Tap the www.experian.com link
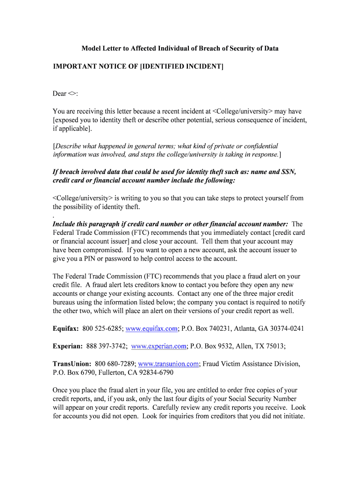pos(159,346)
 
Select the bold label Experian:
pos(68,346)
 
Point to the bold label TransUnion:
pos(72,363)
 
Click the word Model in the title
pos(91,49)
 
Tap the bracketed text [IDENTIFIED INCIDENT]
pos(182,66)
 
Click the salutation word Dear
pos(59,94)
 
